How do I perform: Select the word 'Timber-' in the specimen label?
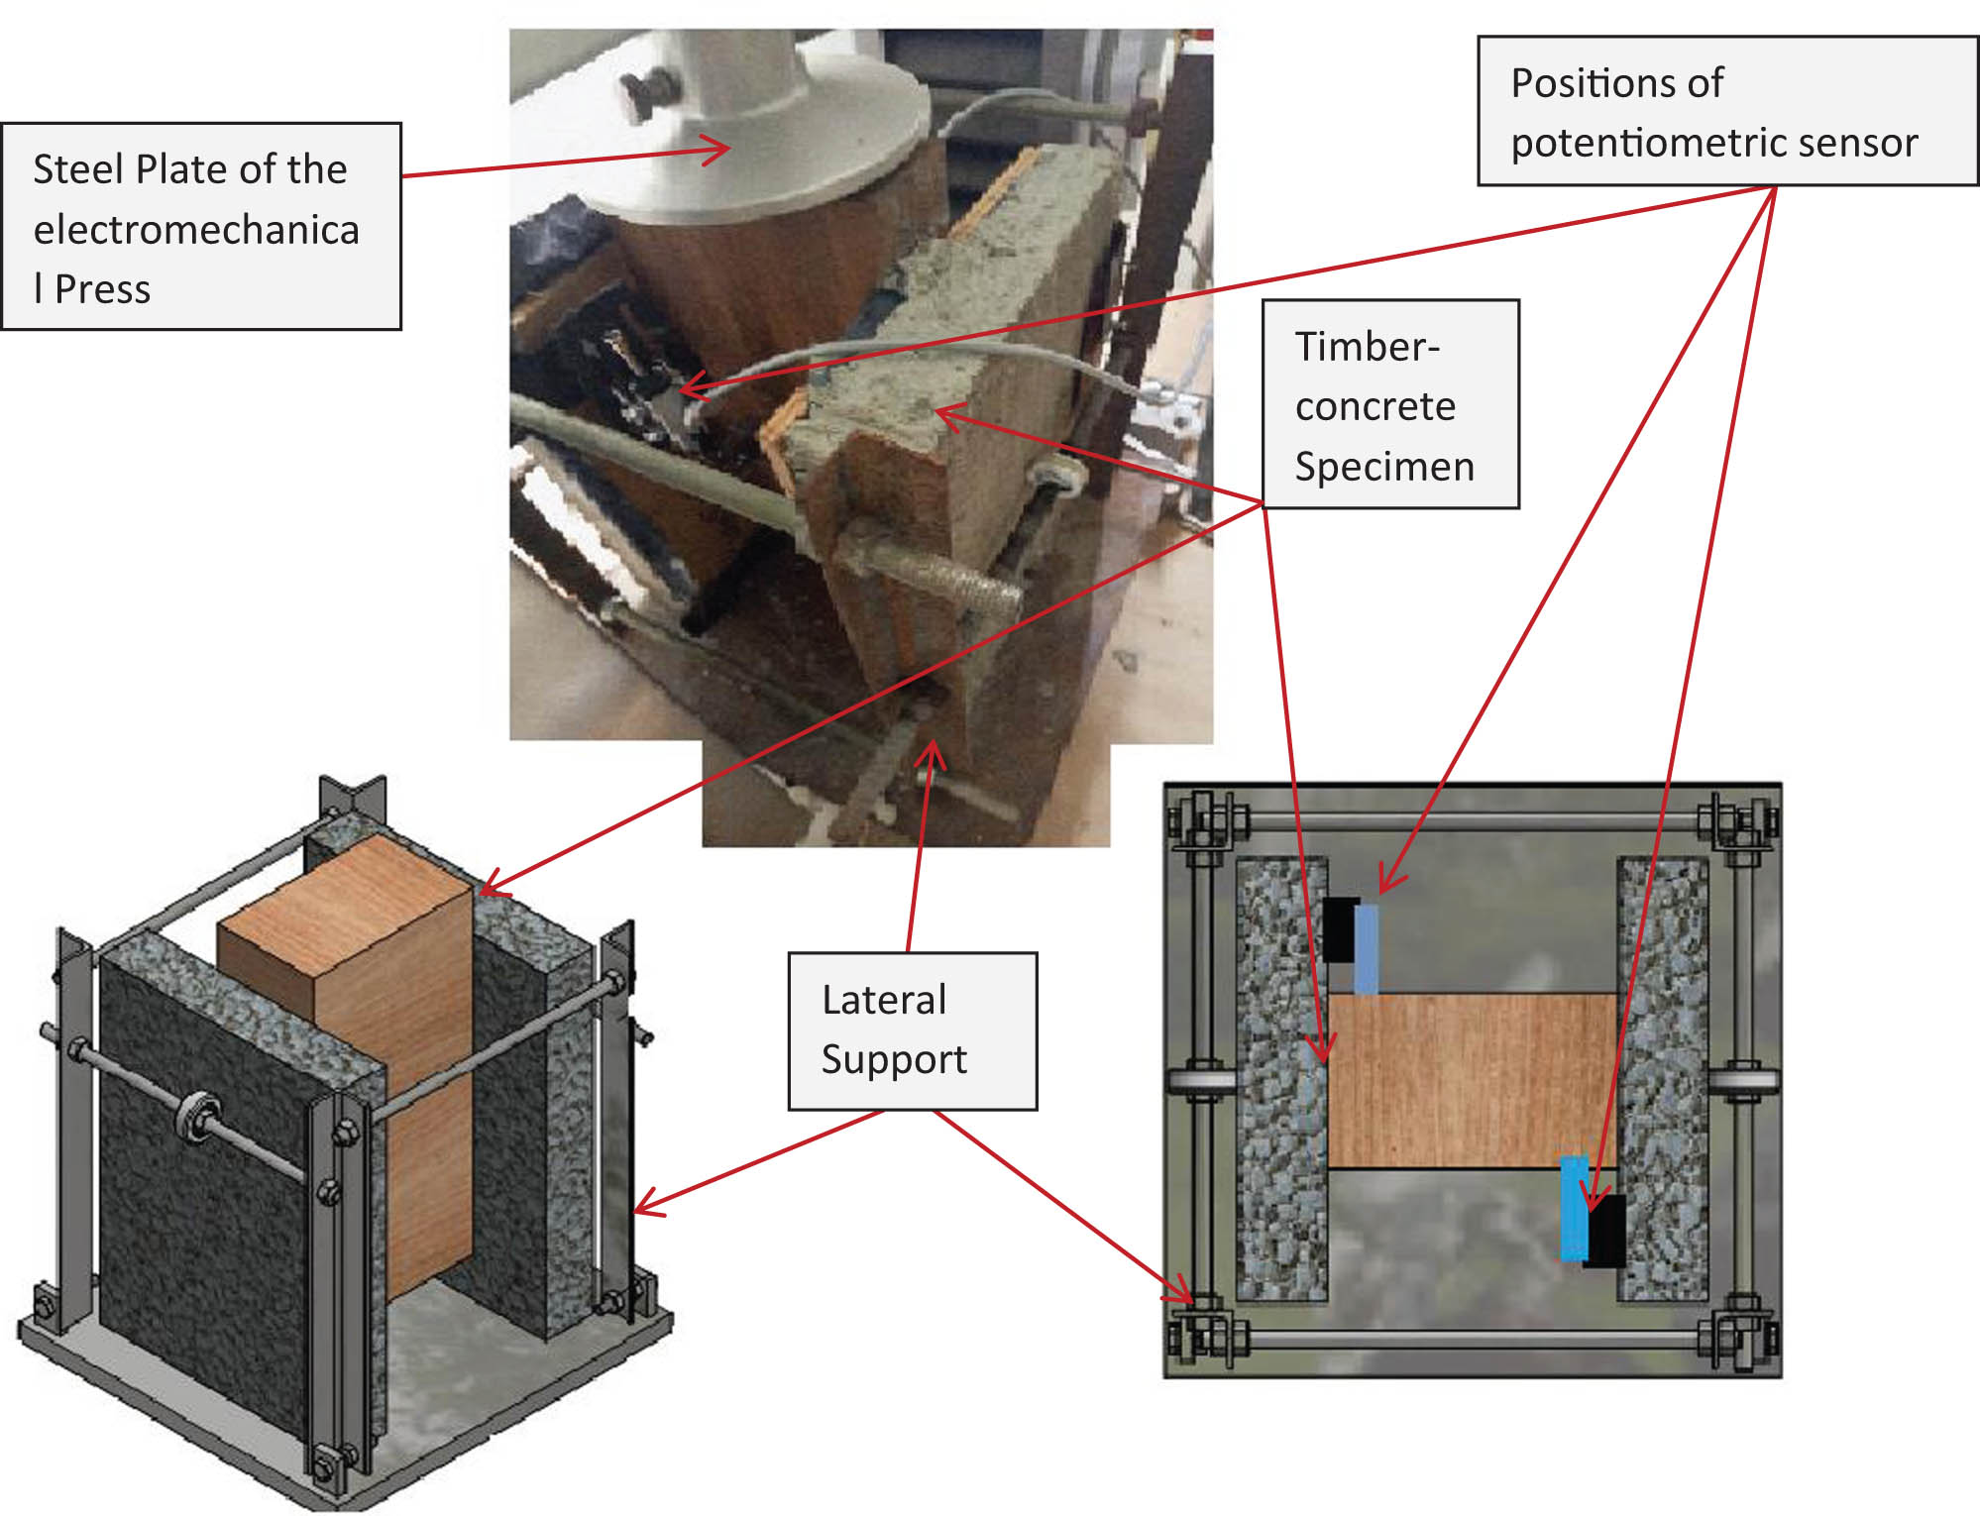[1367, 347]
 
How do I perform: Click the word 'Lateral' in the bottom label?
[884, 1000]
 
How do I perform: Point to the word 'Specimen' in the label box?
[1383, 467]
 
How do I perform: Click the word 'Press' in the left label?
[102, 289]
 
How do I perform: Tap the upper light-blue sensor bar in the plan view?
[1366, 948]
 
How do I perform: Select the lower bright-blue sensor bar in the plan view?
[1574, 1208]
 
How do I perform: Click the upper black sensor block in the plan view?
[1341, 929]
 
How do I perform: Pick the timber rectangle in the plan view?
[1472, 1080]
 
